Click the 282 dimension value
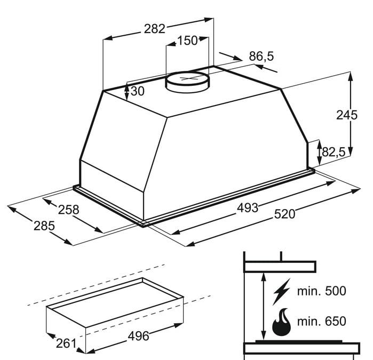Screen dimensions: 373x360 [155, 29]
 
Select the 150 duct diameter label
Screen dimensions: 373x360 [187, 41]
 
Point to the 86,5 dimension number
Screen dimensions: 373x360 [261, 57]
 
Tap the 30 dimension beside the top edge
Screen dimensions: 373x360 [138, 91]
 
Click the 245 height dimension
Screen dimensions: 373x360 [347, 115]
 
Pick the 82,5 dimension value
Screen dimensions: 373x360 [334, 151]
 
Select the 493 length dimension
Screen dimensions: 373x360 [248, 208]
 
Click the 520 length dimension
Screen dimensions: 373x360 [284, 214]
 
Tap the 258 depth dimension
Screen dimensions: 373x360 [68, 210]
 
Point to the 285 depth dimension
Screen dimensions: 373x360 [44, 226]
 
